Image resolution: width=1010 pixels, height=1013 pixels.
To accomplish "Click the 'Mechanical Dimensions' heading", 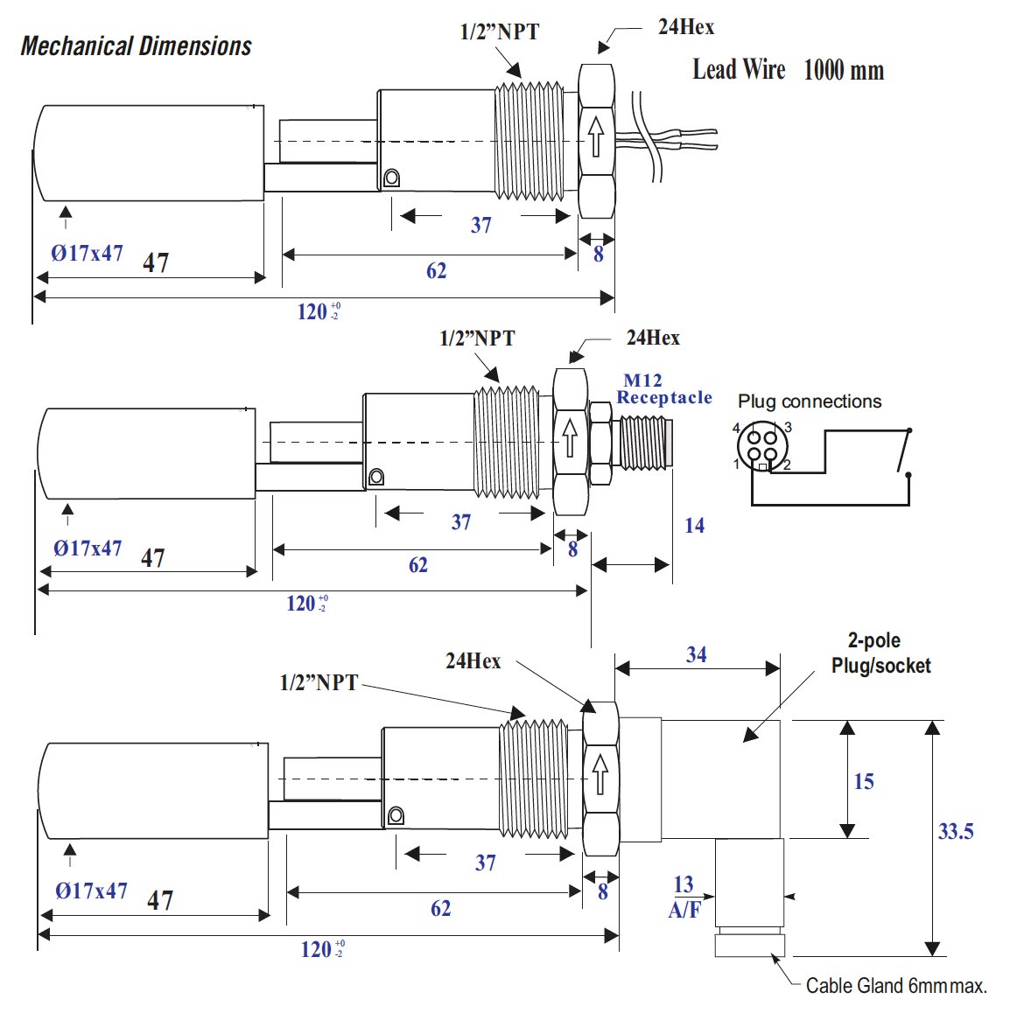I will pyautogui.click(x=136, y=46).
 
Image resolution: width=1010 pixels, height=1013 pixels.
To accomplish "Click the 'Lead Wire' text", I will pyautogui.click(x=739, y=70).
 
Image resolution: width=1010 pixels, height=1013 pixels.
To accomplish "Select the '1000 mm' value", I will pyautogui.click(x=843, y=70).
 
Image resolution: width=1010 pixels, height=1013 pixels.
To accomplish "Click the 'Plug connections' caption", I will pyautogui.click(x=810, y=402).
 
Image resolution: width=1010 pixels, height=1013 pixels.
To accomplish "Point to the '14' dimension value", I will pyautogui.click(x=694, y=526).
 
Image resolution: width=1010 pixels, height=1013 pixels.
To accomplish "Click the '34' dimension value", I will pyautogui.click(x=697, y=655).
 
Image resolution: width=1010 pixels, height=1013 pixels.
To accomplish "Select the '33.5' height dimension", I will pyautogui.click(x=956, y=832).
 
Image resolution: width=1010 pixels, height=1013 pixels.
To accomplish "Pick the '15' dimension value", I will pyautogui.click(x=864, y=782).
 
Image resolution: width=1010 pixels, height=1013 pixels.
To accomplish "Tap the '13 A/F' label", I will pyautogui.click(x=684, y=898).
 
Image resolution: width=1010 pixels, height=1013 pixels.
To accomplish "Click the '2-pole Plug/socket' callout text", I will pyautogui.click(x=880, y=653).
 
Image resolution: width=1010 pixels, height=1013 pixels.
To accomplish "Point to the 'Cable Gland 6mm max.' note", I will pyautogui.click(x=896, y=986).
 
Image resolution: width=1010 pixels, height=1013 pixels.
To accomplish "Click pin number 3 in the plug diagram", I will pyautogui.click(x=788, y=427).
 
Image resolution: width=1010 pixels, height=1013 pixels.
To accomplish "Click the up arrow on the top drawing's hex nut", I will pyautogui.click(x=596, y=136).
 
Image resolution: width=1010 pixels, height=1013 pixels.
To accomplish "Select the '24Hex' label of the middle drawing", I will pyautogui.click(x=653, y=338).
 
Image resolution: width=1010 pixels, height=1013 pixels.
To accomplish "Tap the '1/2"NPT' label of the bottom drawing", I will pyautogui.click(x=319, y=683).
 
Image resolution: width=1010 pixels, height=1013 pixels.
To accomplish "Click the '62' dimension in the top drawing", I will pyautogui.click(x=436, y=271).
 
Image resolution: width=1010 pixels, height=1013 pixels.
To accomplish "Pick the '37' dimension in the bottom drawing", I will pyautogui.click(x=486, y=863).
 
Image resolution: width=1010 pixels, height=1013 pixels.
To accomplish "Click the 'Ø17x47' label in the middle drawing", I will pyautogui.click(x=88, y=548).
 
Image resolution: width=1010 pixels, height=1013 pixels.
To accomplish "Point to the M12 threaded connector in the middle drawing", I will pyautogui.click(x=642, y=442).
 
